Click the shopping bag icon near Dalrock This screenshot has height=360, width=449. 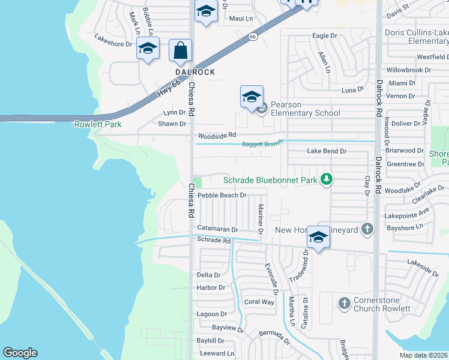tap(180, 51)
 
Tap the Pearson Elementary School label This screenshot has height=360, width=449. tap(305, 109)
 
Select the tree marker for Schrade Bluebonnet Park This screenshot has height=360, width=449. tap(326, 179)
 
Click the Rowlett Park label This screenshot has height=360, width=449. tap(98, 124)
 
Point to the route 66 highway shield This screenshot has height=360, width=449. tap(253, 37)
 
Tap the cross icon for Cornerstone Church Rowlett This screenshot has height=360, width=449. tap(344, 303)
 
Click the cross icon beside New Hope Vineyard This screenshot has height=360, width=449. tap(367, 229)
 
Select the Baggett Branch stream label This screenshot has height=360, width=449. tap(262, 144)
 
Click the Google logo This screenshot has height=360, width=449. tap(20, 353)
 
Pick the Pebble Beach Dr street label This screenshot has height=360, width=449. tap(222, 195)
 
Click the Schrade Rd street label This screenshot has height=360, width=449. tap(214, 241)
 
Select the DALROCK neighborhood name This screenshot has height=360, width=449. tap(194, 71)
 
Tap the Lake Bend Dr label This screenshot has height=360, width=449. tap(327, 151)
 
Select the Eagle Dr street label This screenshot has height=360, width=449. tap(325, 36)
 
